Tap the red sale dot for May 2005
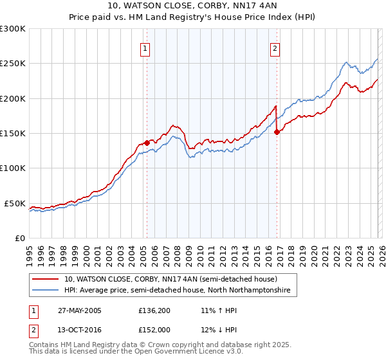[147, 143]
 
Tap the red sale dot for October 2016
[277, 132]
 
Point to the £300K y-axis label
[13, 29]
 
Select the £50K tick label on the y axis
[15, 203]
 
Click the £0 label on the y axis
[20, 238]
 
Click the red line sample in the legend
[46, 280]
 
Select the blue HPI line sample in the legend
[46, 291]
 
